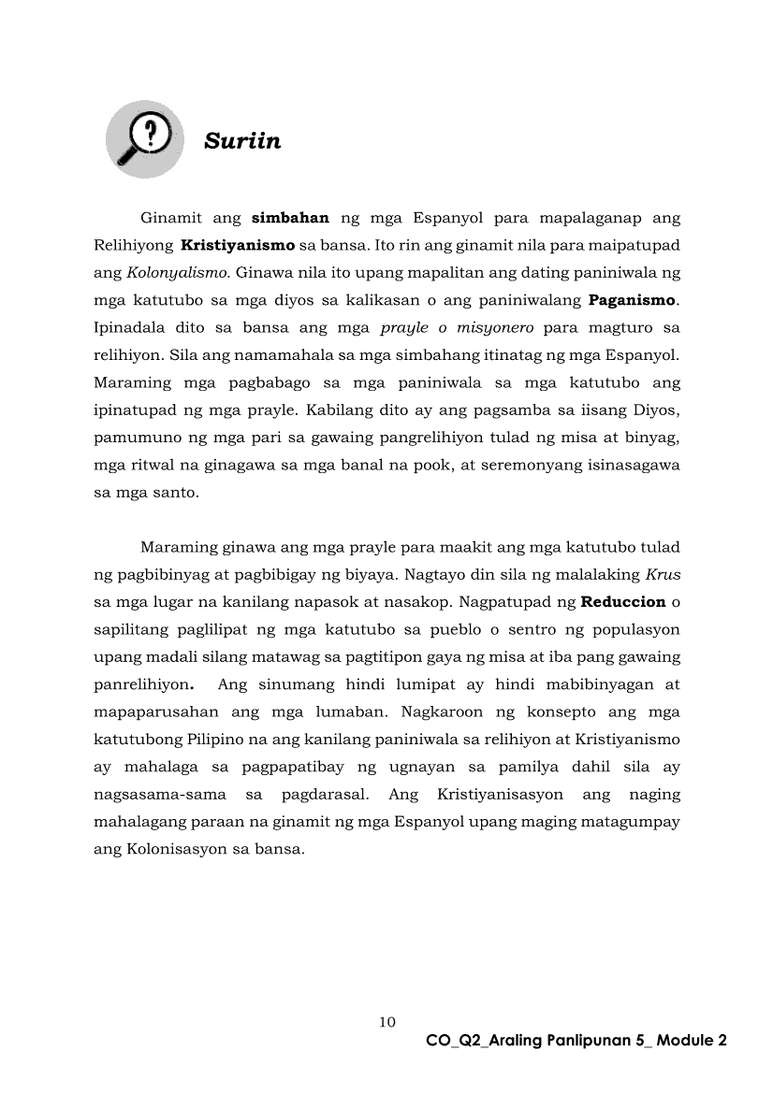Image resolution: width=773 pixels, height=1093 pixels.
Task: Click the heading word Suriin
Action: [242, 141]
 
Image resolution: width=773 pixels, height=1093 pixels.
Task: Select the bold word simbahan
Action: [291, 219]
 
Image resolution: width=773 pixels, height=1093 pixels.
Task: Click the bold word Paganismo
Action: [632, 301]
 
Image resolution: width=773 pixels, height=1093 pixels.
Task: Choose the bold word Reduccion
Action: [623, 601]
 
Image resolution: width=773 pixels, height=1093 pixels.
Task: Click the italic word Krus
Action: [663, 574]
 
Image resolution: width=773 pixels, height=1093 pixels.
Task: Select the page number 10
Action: [386, 1021]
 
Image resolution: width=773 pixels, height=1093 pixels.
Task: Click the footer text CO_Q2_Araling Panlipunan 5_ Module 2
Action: [576, 1041]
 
